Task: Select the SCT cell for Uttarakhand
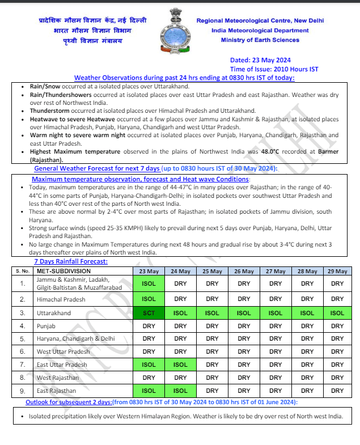pyautogui.click(x=149, y=312)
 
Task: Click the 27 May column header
pyautogui.click(x=276, y=272)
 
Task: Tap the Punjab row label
pyautogui.click(x=47, y=326)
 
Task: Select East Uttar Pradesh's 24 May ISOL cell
pyautogui.click(x=180, y=365)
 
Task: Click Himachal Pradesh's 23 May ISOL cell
pyautogui.click(x=149, y=299)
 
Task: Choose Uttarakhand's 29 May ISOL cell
pyautogui.click(x=337, y=312)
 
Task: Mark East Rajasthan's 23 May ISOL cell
pyautogui.click(x=149, y=391)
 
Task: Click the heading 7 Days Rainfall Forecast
pyautogui.click(x=71, y=262)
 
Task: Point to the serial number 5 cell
pyautogui.click(x=23, y=339)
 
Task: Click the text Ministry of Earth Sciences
pyautogui.click(x=260, y=40)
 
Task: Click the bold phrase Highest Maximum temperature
pyautogui.click(x=75, y=152)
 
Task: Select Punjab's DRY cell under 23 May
pyautogui.click(x=149, y=326)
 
